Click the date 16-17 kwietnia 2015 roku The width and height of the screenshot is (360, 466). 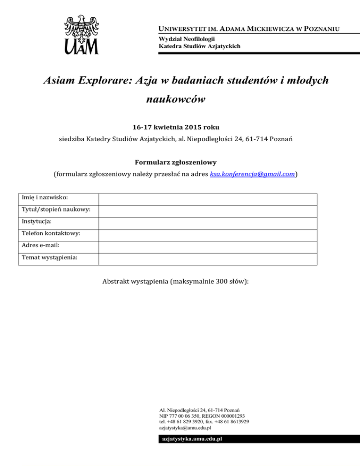coord(180,127)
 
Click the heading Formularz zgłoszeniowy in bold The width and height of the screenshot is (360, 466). coord(180,163)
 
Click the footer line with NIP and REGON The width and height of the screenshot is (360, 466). coord(202,416)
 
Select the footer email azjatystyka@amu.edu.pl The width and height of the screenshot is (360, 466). coord(185,428)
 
